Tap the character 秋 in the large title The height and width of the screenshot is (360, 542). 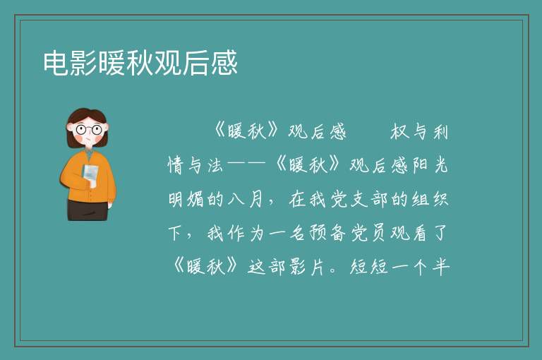click(x=140, y=63)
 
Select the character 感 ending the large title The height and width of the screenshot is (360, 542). click(x=224, y=63)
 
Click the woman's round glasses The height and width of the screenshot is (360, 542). click(x=88, y=130)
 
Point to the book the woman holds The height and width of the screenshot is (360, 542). click(x=90, y=175)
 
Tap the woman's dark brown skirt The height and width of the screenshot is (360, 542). click(x=87, y=210)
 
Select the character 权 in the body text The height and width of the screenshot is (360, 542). click(x=399, y=132)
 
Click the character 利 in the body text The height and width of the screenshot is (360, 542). click(x=440, y=132)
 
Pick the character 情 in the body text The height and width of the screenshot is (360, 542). click(x=176, y=165)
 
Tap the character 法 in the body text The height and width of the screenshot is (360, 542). click(x=215, y=165)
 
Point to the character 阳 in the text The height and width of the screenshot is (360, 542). click(x=420, y=165)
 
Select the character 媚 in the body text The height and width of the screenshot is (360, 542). click(x=195, y=199)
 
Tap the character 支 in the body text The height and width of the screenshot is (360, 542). click(x=359, y=199)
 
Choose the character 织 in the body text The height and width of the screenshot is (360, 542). click(x=440, y=199)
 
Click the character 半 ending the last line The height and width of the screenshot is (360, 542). click(x=440, y=267)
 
